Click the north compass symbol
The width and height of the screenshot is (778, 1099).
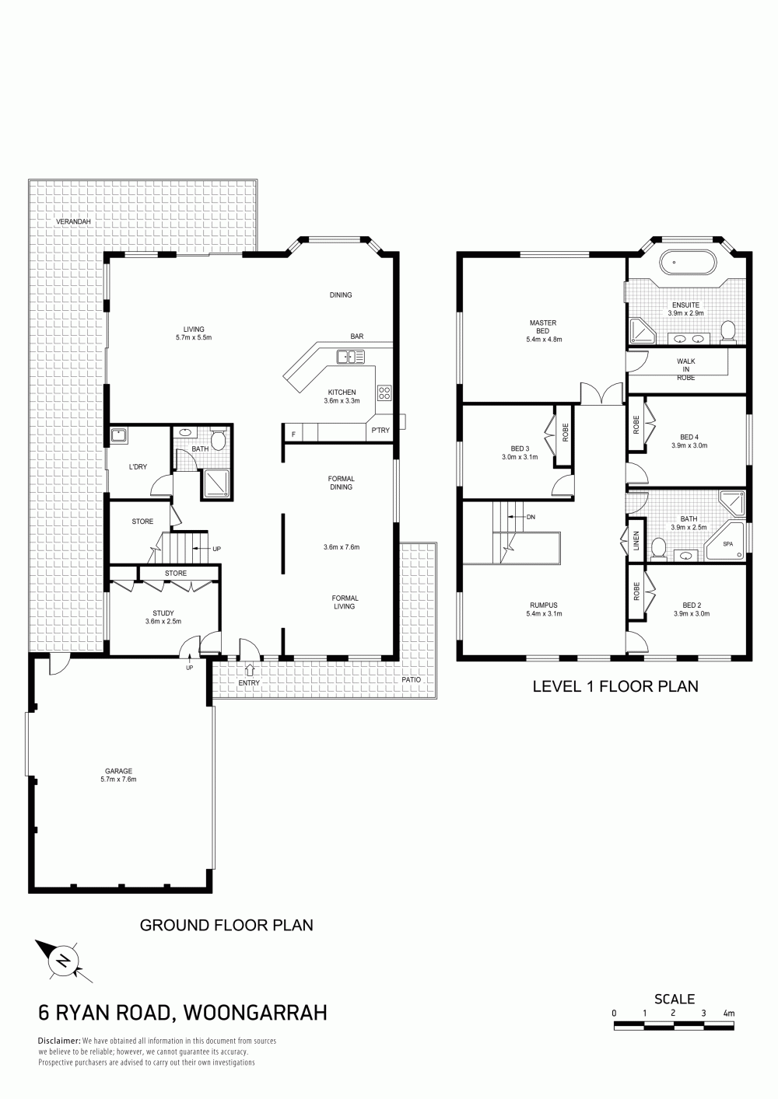[x=64, y=959]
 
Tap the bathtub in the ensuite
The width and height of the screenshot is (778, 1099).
[x=685, y=263]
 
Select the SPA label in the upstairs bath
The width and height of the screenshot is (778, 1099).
[x=727, y=544]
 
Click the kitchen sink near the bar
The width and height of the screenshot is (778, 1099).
[x=351, y=357]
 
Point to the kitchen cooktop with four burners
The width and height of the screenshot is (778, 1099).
[x=384, y=392]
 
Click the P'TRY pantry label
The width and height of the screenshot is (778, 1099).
[x=380, y=431]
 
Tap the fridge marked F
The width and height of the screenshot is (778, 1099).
[x=294, y=434]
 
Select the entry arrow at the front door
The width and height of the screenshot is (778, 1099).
[x=249, y=669]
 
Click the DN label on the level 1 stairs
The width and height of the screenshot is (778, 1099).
[x=531, y=517]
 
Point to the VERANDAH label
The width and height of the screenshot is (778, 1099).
[x=73, y=222]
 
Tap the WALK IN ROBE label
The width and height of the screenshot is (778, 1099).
[x=686, y=369]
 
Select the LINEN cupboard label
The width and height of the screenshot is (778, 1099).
[x=636, y=540]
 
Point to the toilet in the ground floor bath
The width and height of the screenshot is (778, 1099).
[x=218, y=440]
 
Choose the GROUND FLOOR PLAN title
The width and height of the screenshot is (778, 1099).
[x=226, y=926]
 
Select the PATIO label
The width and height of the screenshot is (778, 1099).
[x=411, y=679]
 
